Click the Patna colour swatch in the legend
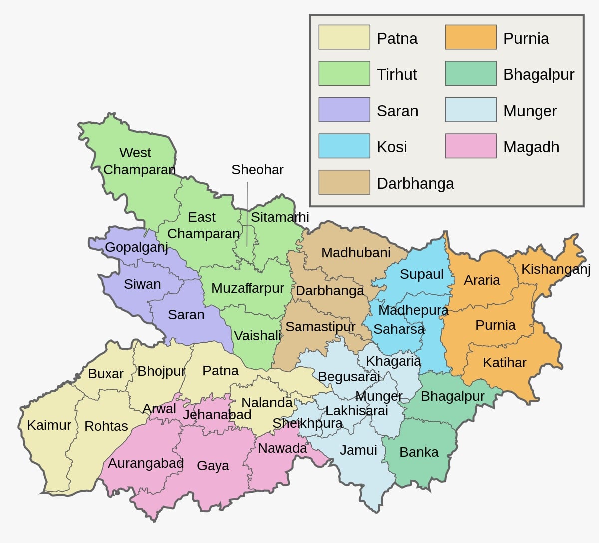point(344,38)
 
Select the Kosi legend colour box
point(344,146)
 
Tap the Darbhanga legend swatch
point(344,183)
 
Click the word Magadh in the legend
point(531,147)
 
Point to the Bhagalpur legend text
point(538,75)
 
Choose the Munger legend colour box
point(470,110)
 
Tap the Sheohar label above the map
point(257,170)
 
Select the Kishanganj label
point(555,269)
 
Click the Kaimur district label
point(49,425)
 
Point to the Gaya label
point(213,466)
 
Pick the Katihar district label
point(504,363)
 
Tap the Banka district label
point(419,452)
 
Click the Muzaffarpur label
point(247,288)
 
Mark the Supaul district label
point(421,274)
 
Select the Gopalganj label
point(136,247)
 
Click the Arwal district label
point(159,409)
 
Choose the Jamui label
point(358,450)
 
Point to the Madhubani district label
point(355,253)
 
